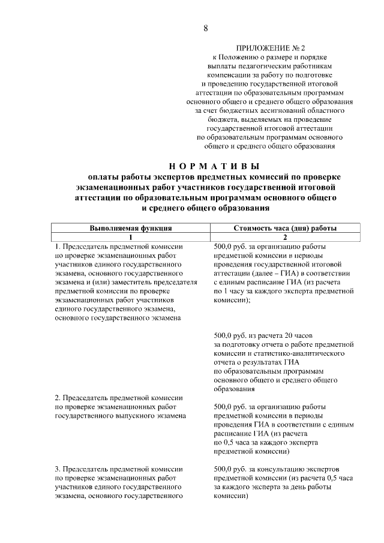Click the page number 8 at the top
pos(206,28)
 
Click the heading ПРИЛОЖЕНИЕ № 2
pos(271,47)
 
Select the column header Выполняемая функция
pos(131,228)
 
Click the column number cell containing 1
pos(131,237)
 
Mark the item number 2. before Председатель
pos(58,398)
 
